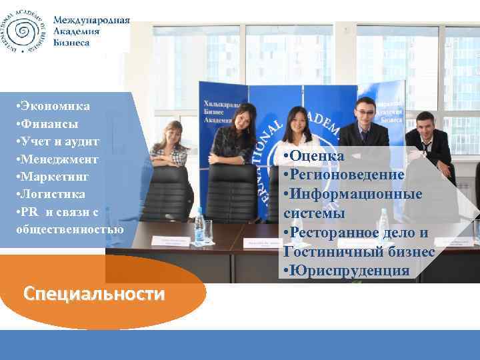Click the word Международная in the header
pos(91,20)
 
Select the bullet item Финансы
pos(49,124)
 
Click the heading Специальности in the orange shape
pos(93,294)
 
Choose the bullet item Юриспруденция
pos(349,271)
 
